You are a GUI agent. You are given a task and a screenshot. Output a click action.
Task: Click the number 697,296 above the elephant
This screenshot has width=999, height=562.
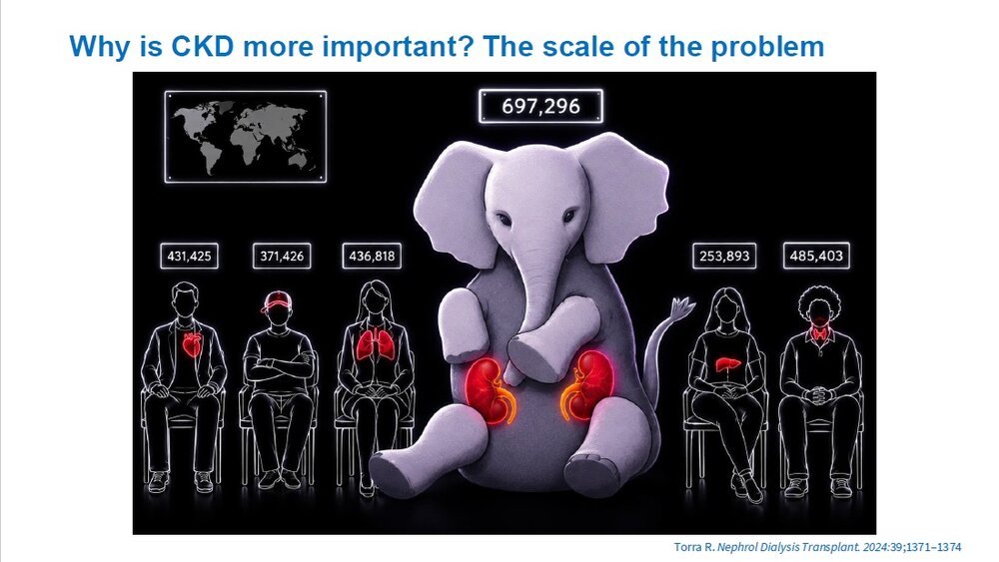coord(540,106)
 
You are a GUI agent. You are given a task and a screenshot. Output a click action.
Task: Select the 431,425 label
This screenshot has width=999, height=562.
coord(189,256)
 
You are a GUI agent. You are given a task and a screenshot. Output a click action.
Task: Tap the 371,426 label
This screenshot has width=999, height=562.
coord(282,256)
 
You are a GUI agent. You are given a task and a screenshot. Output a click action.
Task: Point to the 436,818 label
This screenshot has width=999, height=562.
coord(372,256)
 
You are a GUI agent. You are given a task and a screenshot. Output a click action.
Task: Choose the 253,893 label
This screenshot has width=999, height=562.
coord(724,256)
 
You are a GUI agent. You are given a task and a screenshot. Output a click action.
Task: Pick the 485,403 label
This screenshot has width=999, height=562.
coord(816,256)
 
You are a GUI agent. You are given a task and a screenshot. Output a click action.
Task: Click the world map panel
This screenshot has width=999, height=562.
coord(246,137)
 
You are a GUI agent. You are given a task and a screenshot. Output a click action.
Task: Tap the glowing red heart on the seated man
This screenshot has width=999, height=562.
coord(191,344)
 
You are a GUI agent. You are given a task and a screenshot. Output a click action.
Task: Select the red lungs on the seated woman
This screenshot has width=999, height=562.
coord(376,345)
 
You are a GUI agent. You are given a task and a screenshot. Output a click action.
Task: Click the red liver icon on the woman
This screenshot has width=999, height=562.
coord(727,364)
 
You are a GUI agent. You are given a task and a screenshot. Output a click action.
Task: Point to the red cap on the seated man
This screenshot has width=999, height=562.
coord(277,300)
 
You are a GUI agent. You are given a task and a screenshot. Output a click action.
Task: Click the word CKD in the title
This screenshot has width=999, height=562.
coord(203,47)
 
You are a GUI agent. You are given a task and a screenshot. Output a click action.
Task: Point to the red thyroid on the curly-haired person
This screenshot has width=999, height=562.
coord(819,332)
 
